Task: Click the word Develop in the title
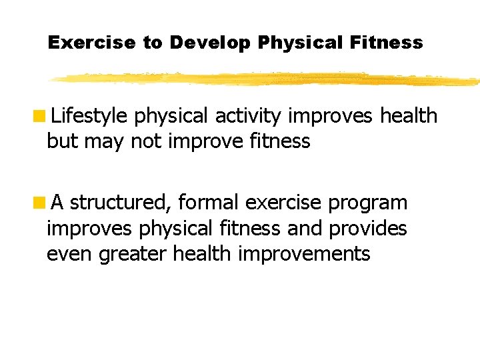click(210, 43)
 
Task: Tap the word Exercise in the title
click(92, 43)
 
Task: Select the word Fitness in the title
click(389, 43)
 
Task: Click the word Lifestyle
click(89, 117)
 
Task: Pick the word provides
click(367, 228)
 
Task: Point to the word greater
click(133, 254)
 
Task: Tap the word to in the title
click(152, 43)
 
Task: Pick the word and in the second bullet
click(305, 228)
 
